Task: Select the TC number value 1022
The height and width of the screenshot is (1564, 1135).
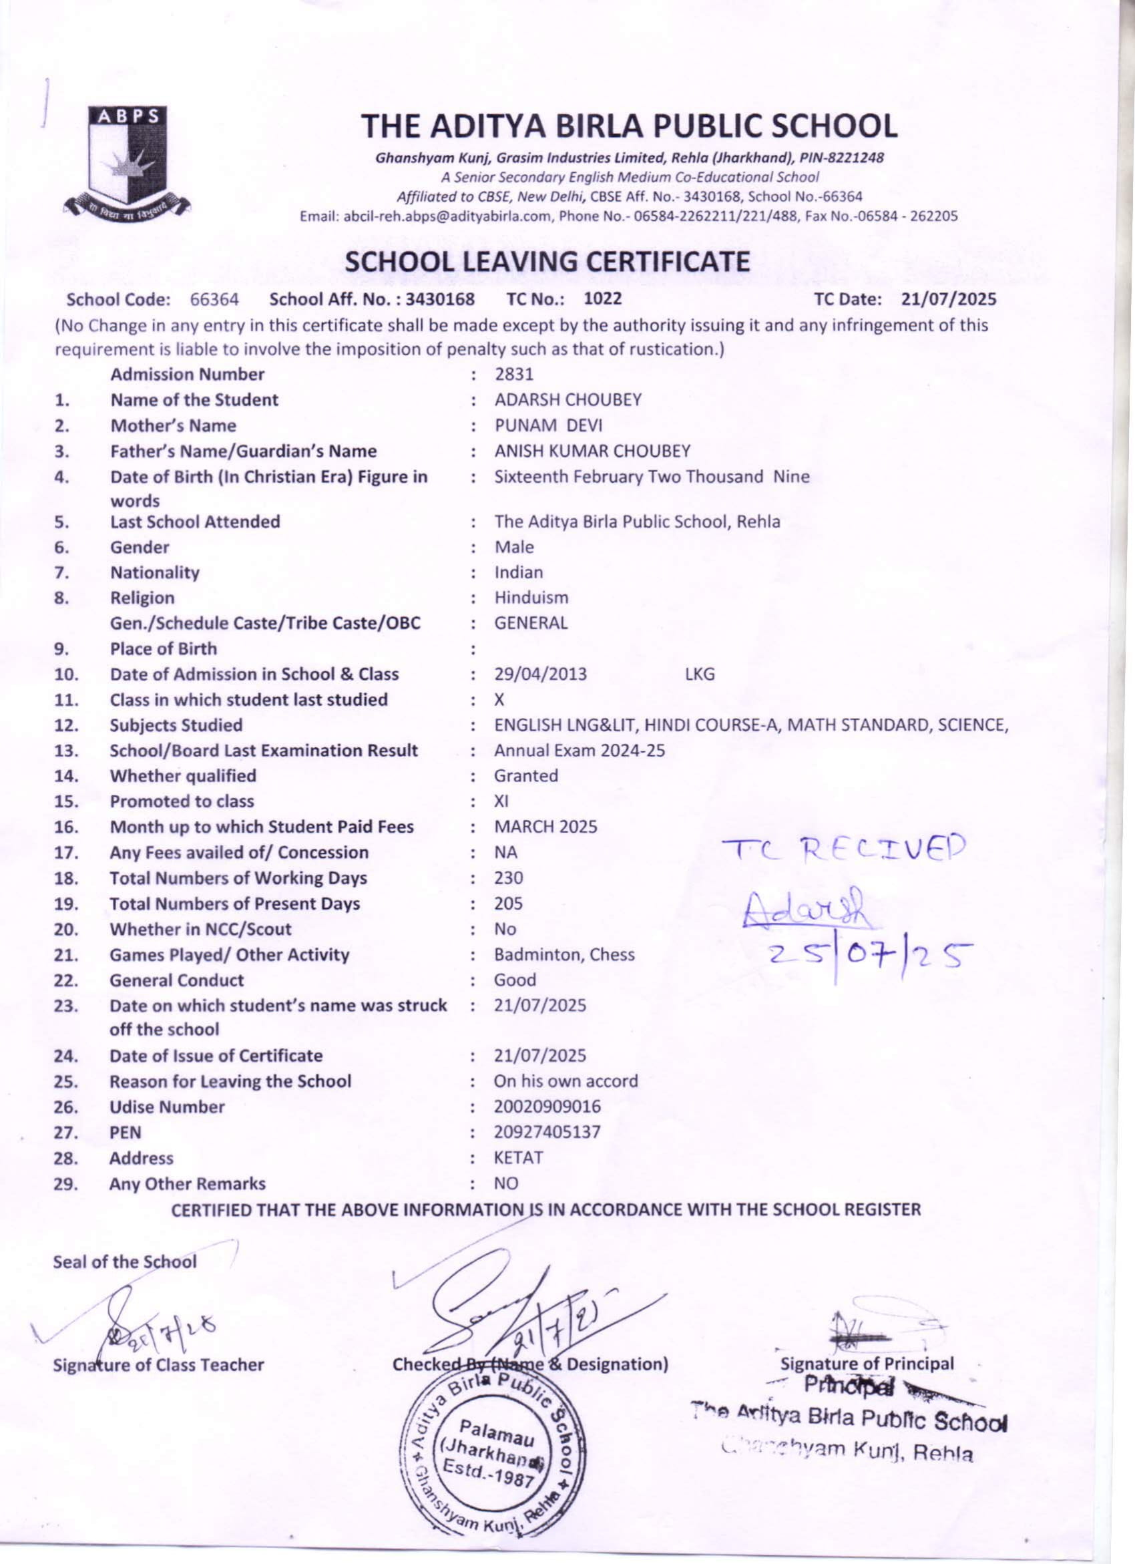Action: point(603,299)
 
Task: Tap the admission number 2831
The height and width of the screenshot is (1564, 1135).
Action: point(513,375)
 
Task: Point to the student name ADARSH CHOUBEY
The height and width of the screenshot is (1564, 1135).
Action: point(567,400)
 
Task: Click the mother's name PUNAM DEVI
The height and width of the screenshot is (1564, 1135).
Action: point(548,425)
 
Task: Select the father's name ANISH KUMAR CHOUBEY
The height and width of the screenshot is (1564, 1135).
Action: point(592,451)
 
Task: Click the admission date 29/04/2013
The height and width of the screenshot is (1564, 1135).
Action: point(540,674)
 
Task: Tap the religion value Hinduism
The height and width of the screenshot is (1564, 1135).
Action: point(531,597)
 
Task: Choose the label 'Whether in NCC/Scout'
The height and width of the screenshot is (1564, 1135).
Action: point(201,929)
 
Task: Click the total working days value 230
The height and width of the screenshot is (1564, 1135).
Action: point(508,878)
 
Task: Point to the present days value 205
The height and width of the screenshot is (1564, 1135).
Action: point(508,904)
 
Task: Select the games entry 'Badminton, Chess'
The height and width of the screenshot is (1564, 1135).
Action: point(564,954)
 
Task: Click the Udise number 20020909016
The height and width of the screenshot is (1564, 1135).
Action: point(547,1107)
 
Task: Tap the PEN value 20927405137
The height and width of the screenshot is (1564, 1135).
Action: point(547,1133)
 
